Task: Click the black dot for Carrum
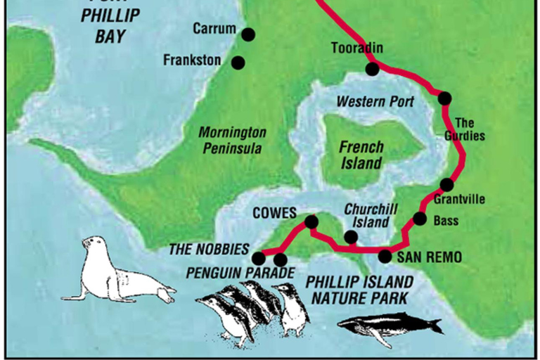[x=247, y=34]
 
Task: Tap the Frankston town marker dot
[x=238, y=63]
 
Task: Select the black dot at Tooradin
[x=372, y=69]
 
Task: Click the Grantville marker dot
[x=446, y=185]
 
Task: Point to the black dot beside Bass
[x=420, y=218]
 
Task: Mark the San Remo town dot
[x=385, y=256]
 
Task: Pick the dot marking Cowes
[x=311, y=222]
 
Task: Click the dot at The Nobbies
[x=259, y=258]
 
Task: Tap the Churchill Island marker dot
[x=350, y=237]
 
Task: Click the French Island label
[x=361, y=155]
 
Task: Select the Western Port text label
[x=371, y=101]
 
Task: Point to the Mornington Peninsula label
[x=232, y=140]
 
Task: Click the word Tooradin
[x=356, y=48]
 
